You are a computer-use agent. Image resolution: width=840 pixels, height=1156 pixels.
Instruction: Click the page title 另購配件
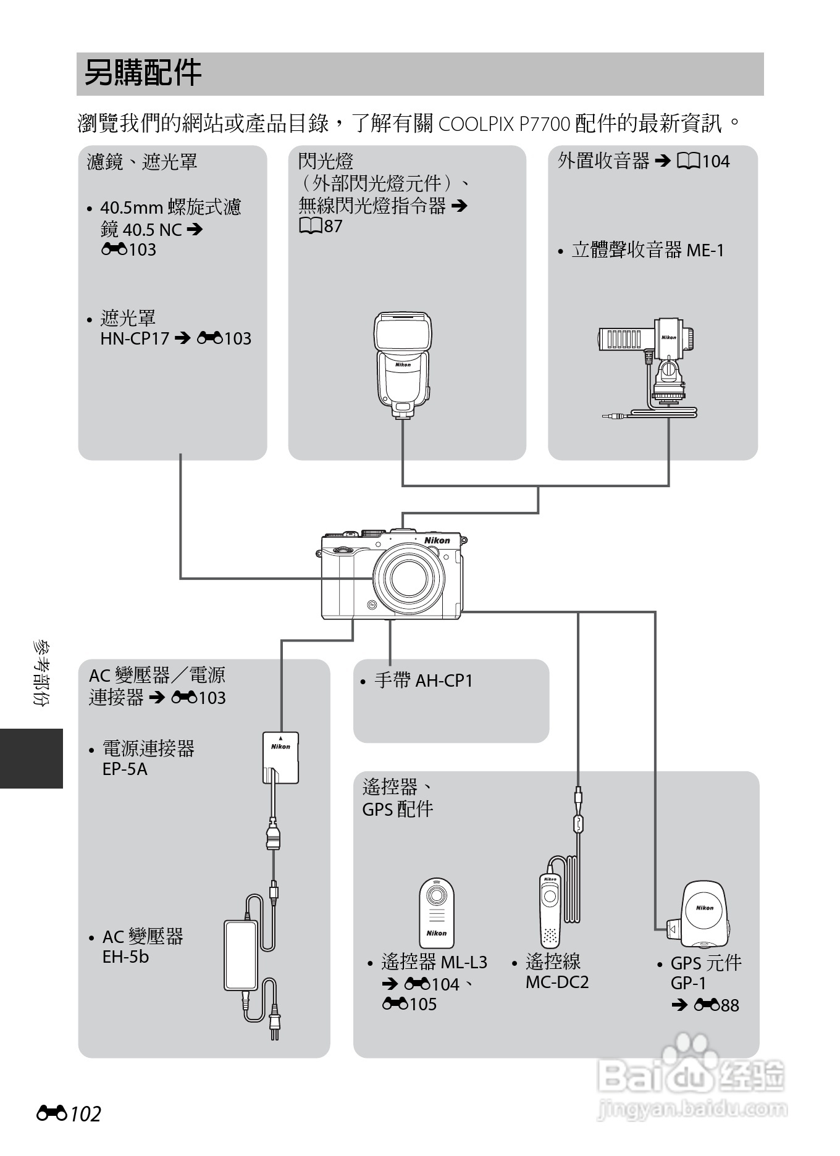pos(143,73)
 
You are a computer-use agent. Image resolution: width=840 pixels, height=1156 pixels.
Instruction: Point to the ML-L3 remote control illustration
pos(437,912)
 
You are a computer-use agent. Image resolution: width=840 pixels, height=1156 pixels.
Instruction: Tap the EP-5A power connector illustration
pos(280,757)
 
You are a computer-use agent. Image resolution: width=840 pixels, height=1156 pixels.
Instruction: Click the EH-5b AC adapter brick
pos(241,955)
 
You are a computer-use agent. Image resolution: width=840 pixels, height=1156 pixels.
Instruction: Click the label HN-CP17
pos(135,338)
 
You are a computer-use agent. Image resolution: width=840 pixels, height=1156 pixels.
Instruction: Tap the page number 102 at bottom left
pos(85,1113)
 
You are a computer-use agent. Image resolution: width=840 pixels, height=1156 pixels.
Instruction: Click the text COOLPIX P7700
pos(504,124)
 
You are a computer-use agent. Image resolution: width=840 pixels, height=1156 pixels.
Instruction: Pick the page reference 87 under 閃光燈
pos(332,226)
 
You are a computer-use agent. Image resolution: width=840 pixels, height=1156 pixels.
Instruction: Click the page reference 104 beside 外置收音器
pos(715,162)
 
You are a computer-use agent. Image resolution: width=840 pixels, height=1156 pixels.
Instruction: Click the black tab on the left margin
pos(31,758)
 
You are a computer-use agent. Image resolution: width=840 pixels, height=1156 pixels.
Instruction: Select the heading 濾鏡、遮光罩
pos(142,162)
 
